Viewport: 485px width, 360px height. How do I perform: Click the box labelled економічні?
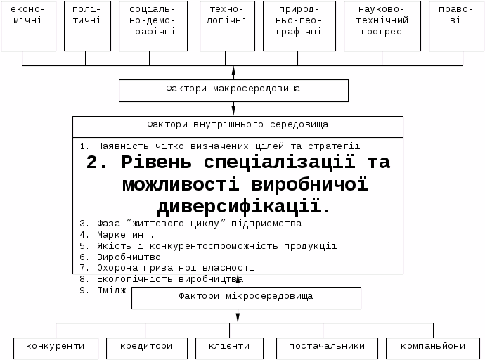(28, 26)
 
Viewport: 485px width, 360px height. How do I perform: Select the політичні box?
(87, 26)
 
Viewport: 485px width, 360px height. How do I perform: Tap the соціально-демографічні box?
(153, 26)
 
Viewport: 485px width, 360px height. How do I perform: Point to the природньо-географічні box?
(299, 26)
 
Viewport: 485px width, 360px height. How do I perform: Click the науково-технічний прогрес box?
(382, 26)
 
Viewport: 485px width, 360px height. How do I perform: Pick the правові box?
(451, 26)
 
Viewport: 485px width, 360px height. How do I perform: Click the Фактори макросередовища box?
(233, 90)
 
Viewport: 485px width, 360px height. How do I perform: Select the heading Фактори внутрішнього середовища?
(238, 125)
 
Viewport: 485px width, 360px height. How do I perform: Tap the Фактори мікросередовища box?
(246, 297)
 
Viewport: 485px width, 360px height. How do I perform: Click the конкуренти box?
(56, 347)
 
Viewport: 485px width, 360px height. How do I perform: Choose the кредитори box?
(146, 347)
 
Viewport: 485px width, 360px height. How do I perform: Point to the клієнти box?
(229, 347)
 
